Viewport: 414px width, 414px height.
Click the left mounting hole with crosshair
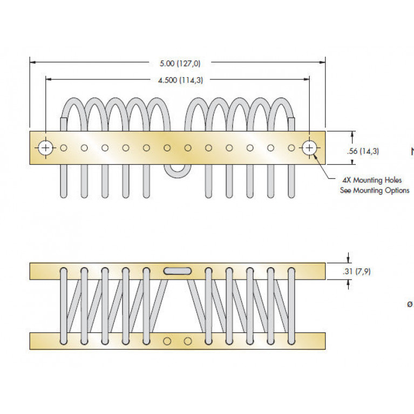[46, 147]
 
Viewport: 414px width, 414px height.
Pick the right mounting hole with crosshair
[309, 147]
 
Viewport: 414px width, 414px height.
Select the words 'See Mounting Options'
[374, 191]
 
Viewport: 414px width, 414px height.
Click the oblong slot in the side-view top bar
[178, 270]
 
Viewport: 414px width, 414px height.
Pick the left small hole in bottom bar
[167, 341]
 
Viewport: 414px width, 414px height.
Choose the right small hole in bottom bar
[188, 341]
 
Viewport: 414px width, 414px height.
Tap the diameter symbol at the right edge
[410, 304]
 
